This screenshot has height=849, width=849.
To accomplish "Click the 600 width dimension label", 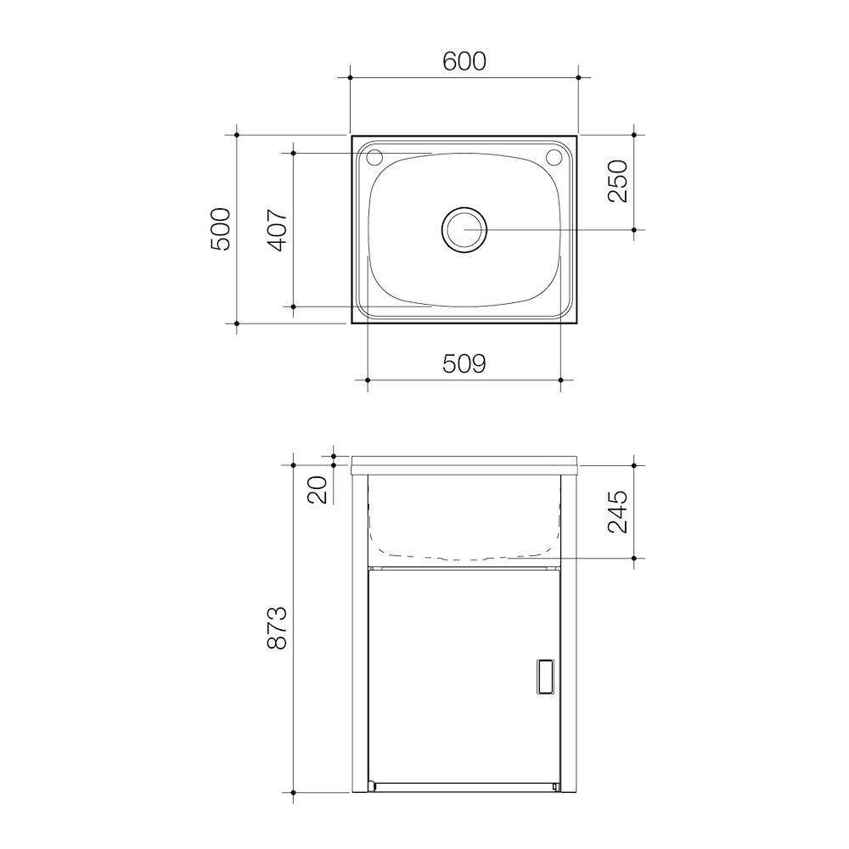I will tap(464, 61).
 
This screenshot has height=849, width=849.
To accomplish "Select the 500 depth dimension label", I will tap(221, 228).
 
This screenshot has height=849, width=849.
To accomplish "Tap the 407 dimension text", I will tap(278, 228).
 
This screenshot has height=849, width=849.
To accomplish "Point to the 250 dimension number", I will tap(618, 181).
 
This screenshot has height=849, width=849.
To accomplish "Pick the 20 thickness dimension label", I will tap(318, 490).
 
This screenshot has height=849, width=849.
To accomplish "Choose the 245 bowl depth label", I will tap(618, 511).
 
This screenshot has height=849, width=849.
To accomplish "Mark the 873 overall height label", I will tap(278, 628).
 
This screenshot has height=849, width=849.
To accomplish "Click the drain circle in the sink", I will tap(464, 229).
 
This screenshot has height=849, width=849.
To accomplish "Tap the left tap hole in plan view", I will tap(374, 157).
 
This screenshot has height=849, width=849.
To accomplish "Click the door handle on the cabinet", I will tap(543, 678).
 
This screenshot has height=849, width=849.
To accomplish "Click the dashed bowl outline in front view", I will tap(464, 556).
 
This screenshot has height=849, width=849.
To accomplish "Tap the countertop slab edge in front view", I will tap(464, 464).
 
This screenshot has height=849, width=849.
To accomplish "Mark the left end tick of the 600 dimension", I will tap(351, 77).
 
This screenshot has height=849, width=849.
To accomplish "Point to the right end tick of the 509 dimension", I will tap(561, 379).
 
